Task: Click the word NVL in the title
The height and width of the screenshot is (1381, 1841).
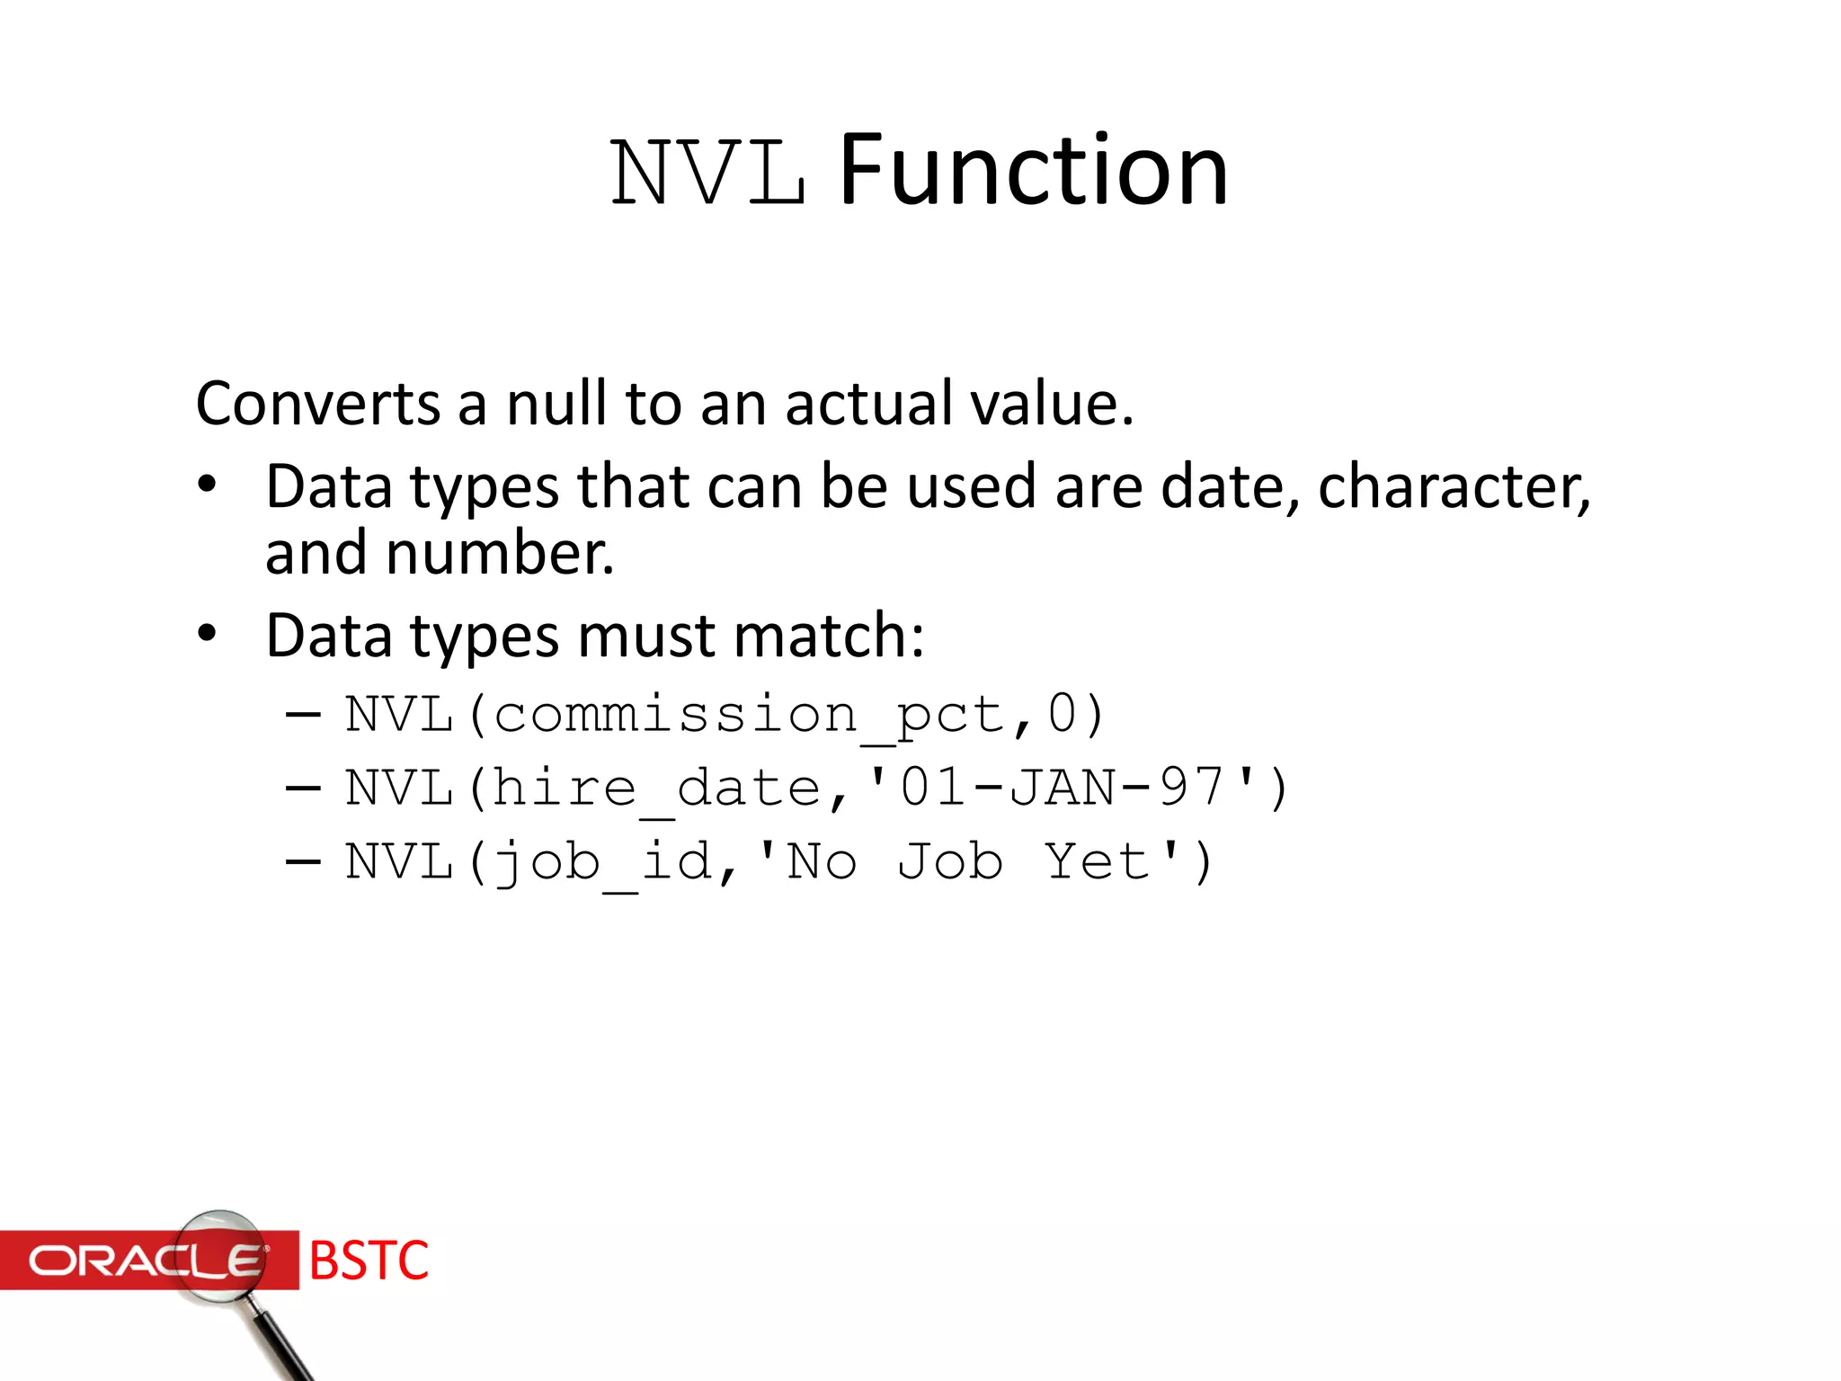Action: click(x=707, y=173)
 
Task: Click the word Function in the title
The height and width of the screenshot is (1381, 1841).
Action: click(x=1033, y=171)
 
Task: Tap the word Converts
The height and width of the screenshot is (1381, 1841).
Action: click(x=318, y=404)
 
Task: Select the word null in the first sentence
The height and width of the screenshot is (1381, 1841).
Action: click(x=556, y=404)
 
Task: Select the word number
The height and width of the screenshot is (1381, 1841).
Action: click(x=500, y=554)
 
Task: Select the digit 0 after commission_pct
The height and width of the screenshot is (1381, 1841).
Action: click(x=1063, y=715)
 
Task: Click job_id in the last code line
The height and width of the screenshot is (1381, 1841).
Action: click(x=603, y=863)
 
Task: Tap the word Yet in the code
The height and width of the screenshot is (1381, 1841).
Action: click(x=1098, y=862)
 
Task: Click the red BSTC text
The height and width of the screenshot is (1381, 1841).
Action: click(x=369, y=1261)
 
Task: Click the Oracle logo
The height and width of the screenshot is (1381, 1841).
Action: click(x=144, y=1261)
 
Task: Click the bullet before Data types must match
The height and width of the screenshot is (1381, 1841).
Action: click(x=208, y=634)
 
